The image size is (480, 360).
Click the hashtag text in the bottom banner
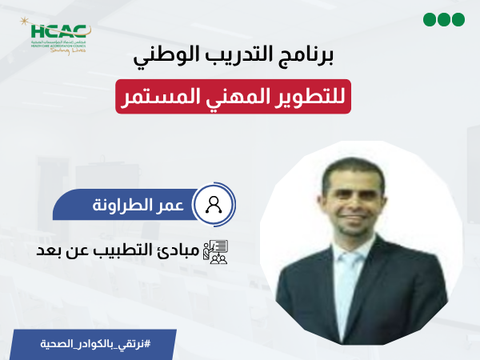click(x=95, y=343)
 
